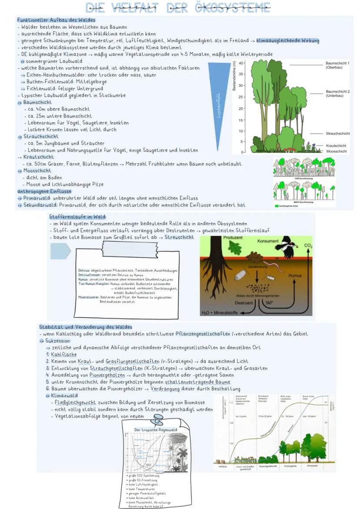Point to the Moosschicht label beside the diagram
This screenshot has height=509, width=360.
tap(337, 151)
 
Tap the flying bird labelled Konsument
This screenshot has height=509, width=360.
tap(286, 246)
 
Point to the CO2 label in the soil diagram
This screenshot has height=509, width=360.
tap(308, 246)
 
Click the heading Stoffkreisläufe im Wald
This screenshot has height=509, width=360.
tap(77, 216)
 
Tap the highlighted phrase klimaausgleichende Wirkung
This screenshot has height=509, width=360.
tap(287, 40)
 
